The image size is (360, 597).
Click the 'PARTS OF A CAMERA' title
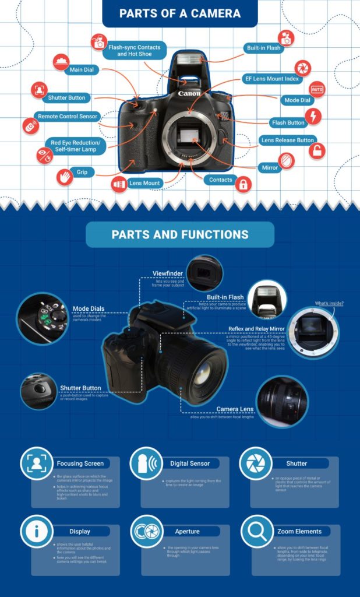tap(179, 13)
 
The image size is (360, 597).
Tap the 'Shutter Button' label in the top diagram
tap(67, 98)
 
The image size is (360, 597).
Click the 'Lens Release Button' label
tap(288, 141)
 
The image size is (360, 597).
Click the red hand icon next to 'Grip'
tap(65, 175)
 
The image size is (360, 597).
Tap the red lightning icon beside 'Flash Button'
tap(313, 116)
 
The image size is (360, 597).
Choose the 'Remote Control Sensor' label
tap(67, 117)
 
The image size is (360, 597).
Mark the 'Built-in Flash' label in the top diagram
tap(264, 48)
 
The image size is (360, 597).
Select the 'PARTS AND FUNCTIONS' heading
tap(180, 235)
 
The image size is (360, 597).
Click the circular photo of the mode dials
tap(43, 318)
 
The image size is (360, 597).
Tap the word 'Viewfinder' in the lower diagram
tap(168, 273)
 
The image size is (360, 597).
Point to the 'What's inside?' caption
tap(329, 303)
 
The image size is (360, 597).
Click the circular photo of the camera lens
tap(282, 401)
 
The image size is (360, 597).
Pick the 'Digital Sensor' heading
tap(190, 463)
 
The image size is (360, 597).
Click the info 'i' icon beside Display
tap(37, 531)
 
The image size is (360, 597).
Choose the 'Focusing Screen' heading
tap(80, 463)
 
